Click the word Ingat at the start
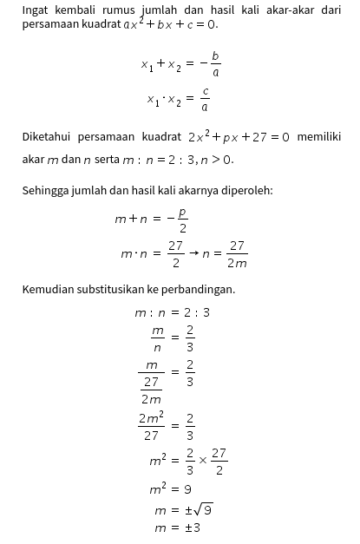[36, 10]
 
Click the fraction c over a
[205, 100]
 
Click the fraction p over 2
[182, 220]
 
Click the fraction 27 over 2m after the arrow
[236, 254]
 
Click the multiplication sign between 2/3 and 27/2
[203, 460]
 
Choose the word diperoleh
[245, 190]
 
